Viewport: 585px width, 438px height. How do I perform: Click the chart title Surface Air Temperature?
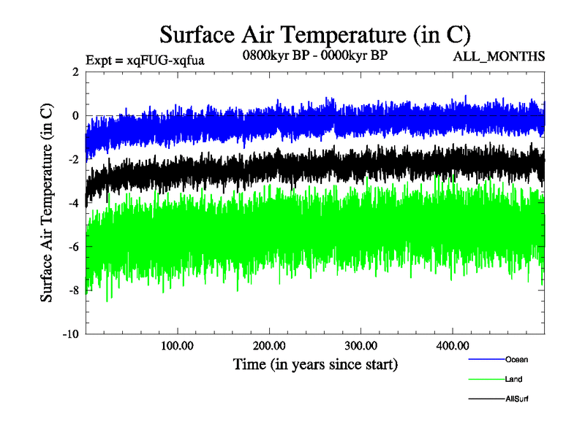click(314, 35)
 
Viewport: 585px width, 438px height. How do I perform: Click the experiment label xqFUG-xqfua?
click(145, 60)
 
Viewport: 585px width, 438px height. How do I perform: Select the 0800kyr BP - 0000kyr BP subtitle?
click(315, 55)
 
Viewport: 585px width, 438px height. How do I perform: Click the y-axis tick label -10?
click(70, 334)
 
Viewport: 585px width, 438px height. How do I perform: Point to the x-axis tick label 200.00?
click(269, 345)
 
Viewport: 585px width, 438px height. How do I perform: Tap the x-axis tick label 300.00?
click(361, 345)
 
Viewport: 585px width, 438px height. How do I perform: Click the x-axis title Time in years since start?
click(315, 363)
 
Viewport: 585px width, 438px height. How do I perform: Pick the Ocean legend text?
click(516, 359)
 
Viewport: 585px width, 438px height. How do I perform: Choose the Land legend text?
click(513, 379)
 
